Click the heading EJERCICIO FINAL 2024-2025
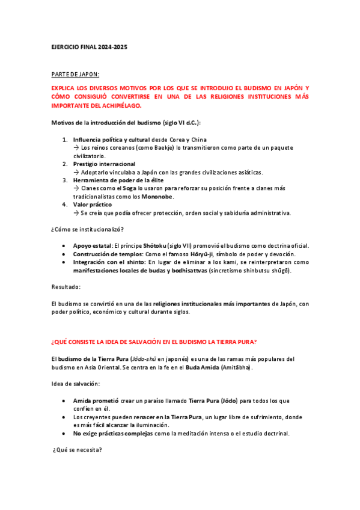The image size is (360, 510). pyautogui.click(x=89, y=47)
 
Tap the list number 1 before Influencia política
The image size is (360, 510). pyautogui.click(x=65, y=140)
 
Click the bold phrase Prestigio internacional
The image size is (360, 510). pyautogui.click(x=104, y=164)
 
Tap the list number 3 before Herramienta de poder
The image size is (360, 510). pyautogui.click(x=65, y=180)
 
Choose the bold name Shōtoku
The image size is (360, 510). pyautogui.click(x=154, y=245)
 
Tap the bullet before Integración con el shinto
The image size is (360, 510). pyautogui.click(x=64, y=262)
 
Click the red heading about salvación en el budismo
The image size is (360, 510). pyautogui.click(x=154, y=342)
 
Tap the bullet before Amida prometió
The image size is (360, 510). pyautogui.click(x=64, y=400)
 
